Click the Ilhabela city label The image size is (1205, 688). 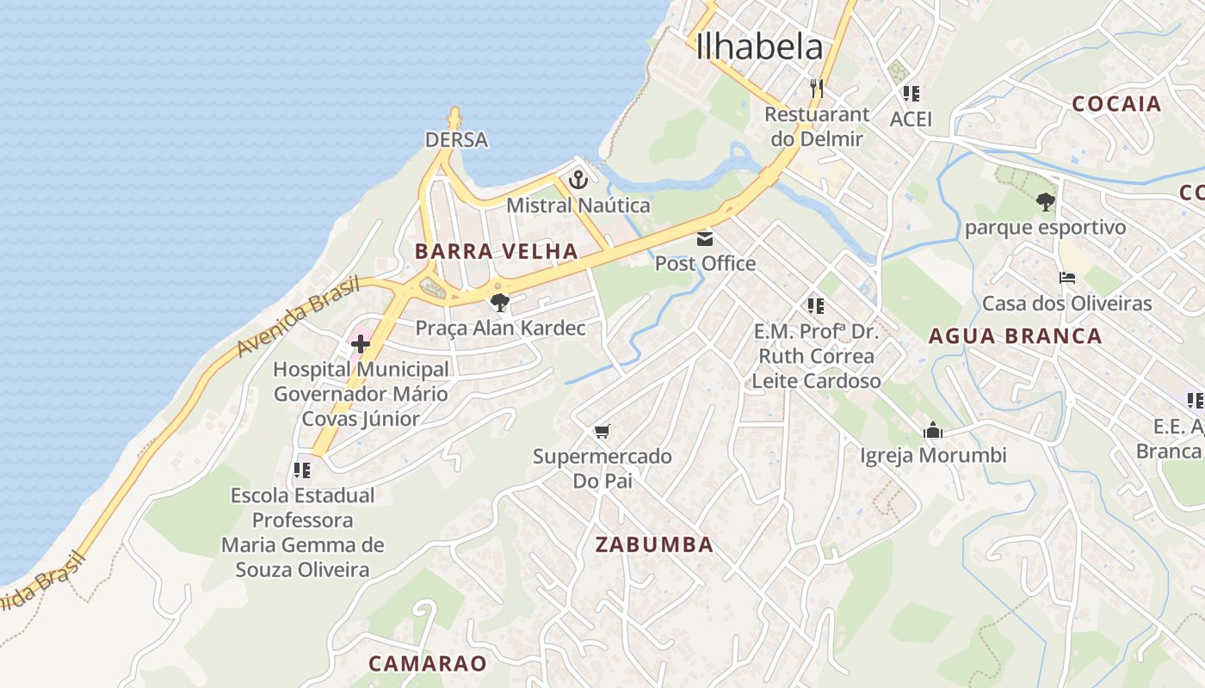[758, 46]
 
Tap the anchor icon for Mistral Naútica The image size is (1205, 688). [578, 181]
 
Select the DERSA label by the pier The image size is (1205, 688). [456, 139]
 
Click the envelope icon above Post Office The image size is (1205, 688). [705, 239]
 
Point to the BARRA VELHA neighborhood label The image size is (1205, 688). [496, 251]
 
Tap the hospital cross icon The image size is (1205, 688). [361, 345]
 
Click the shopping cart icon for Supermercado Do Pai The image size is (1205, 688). [602, 431]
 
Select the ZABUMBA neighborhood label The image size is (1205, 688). [654, 544]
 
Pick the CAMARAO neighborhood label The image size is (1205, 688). [427, 663]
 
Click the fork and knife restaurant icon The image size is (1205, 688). [816, 89]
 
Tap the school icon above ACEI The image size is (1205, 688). [911, 94]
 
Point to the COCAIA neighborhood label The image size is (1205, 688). [1116, 104]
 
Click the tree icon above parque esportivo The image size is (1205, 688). [1045, 203]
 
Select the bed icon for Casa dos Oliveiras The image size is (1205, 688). [1067, 278]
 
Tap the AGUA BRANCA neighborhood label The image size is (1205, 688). [1015, 336]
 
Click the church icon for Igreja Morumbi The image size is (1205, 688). [933, 430]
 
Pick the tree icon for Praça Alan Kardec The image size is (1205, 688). [499, 303]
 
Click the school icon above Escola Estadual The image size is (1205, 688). [301, 470]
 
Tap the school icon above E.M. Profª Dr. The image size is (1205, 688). [815, 306]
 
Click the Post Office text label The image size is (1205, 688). [705, 264]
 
